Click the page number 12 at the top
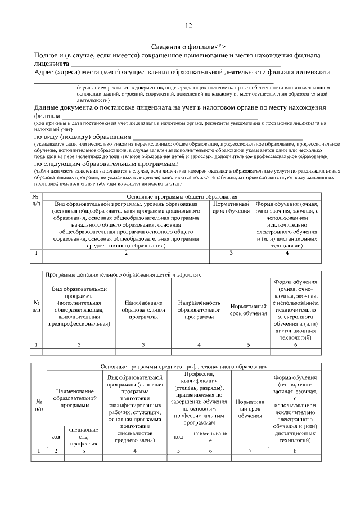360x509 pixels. [188, 25]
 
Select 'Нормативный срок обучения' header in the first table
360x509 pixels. [231, 207]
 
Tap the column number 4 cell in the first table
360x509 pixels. [287, 253]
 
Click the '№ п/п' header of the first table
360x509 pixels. [35, 200]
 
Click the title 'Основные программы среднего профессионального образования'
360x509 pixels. [184, 366]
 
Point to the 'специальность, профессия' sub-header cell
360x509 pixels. [83, 436]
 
